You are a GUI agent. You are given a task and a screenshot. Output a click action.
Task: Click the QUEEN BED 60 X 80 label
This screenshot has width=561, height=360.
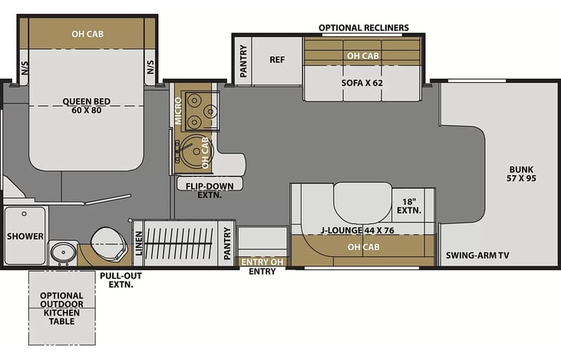click(x=87, y=106)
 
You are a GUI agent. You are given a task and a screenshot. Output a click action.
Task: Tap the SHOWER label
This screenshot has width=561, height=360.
click(x=25, y=236)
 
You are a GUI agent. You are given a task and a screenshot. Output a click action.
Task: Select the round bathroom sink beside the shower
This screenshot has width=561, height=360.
click(x=64, y=253)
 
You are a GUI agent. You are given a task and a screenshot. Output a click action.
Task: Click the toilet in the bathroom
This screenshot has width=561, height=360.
click(x=108, y=244)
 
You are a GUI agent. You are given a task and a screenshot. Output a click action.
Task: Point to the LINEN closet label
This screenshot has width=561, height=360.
click(x=139, y=243)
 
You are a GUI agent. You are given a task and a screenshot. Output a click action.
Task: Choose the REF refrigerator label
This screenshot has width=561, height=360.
click(x=277, y=60)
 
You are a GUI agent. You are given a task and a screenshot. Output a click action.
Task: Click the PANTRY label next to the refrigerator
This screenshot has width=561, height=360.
click(x=243, y=61)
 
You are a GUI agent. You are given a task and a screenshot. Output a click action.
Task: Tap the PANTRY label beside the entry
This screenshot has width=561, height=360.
click(x=227, y=243)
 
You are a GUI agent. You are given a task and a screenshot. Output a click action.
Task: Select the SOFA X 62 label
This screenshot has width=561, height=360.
click(x=362, y=83)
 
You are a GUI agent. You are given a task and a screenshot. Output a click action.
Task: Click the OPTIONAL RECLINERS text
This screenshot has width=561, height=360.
click(x=364, y=28)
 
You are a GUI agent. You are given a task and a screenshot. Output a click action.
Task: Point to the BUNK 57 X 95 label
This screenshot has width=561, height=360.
click(x=521, y=174)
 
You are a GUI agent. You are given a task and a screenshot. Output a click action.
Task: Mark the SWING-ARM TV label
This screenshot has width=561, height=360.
click(x=477, y=256)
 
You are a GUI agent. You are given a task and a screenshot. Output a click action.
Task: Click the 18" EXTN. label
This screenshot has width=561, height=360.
click(x=409, y=206)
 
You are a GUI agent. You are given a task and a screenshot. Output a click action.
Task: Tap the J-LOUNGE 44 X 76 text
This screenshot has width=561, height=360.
click(x=357, y=230)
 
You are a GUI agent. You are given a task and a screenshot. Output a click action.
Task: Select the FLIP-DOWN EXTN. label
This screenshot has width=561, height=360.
click(x=210, y=190)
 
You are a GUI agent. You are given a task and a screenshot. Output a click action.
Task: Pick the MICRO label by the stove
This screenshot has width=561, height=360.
click(x=178, y=111)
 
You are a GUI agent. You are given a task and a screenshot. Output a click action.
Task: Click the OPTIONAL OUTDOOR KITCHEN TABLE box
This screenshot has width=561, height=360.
click(x=62, y=308)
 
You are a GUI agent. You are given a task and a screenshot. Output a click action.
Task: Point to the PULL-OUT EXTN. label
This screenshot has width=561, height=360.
click(x=120, y=280)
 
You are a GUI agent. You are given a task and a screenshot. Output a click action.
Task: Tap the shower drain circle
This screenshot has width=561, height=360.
click(x=24, y=214)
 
